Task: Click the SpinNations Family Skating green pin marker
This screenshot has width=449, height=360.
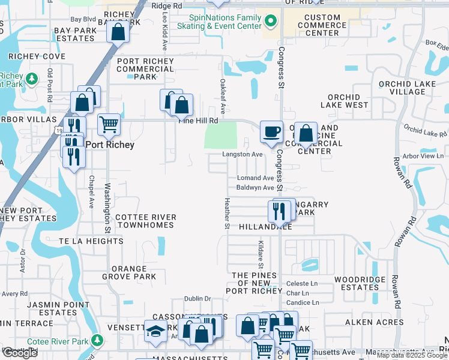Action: pos(271,22)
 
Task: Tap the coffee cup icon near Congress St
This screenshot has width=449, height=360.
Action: pos(271,131)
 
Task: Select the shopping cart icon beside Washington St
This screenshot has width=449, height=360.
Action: pos(109,125)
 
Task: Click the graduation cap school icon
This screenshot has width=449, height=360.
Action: pos(155,331)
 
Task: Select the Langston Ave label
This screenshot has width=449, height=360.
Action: pos(243,154)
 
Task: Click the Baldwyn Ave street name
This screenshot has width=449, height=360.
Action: pos(255,188)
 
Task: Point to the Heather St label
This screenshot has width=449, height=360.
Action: pos(227,213)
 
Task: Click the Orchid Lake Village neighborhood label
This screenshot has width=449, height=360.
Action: pos(399,88)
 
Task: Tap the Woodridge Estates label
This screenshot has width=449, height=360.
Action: pos(356,283)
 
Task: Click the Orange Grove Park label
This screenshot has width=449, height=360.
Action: pos(128,273)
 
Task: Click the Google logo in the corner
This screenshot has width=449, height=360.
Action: pos(20,352)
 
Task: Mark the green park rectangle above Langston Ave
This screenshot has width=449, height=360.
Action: pos(220,135)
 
